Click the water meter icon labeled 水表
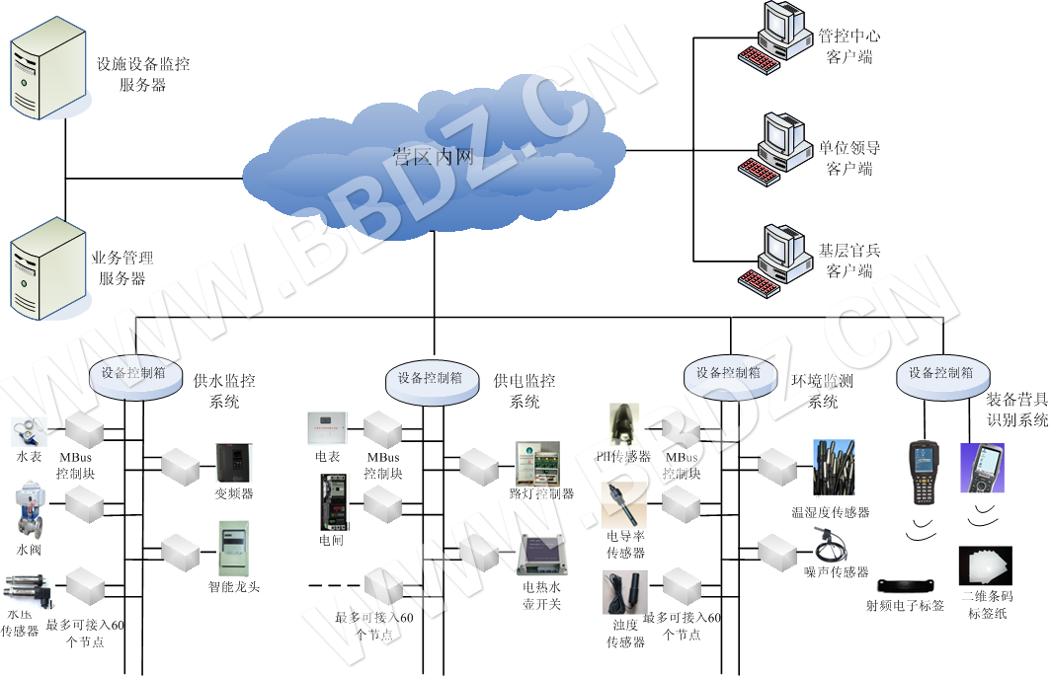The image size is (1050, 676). click(x=26, y=431)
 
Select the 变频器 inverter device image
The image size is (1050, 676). click(x=234, y=463)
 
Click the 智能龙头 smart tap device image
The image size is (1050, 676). click(x=234, y=548)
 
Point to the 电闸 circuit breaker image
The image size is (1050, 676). click(x=331, y=502)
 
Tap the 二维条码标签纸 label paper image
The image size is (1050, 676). click(x=985, y=567)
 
